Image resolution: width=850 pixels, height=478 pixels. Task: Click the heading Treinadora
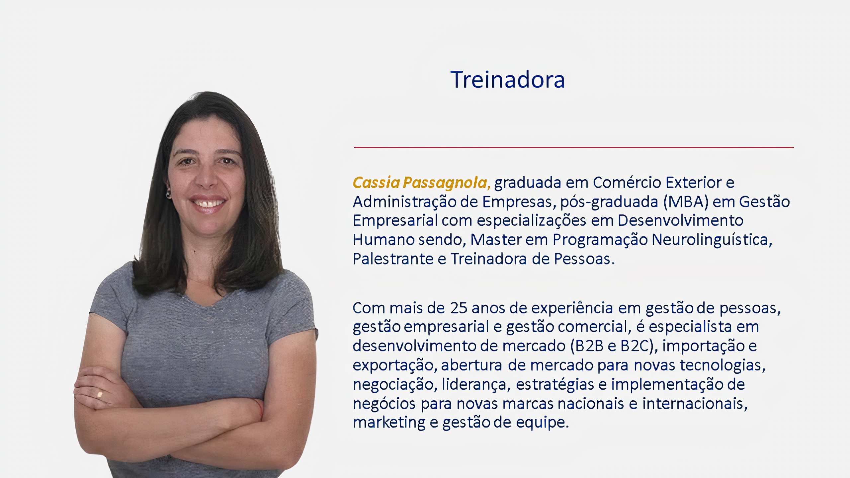pyautogui.click(x=507, y=80)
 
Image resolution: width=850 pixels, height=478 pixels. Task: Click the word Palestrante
pyautogui.click(x=393, y=259)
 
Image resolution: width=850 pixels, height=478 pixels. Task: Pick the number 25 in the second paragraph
pyautogui.click(x=459, y=308)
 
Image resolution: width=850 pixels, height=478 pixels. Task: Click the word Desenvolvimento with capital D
pyautogui.click(x=680, y=221)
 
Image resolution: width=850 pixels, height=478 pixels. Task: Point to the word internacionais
pyautogui.click(x=695, y=404)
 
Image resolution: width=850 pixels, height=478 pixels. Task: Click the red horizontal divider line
pyautogui.click(x=574, y=147)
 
